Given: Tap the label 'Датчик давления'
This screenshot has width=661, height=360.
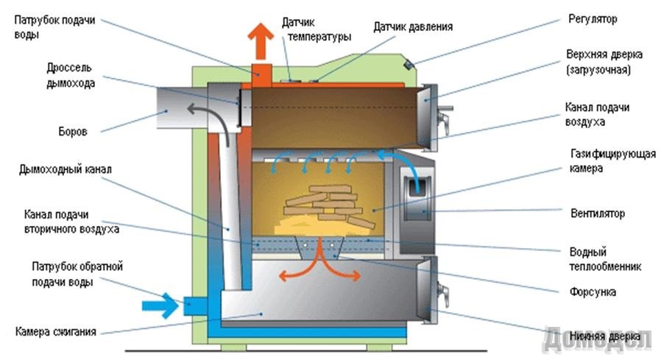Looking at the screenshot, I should (412, 27).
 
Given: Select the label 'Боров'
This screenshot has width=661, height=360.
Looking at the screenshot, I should (72, 133).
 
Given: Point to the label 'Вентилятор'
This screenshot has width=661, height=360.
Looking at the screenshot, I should (596, 213).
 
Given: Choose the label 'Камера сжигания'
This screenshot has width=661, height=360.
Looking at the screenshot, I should (56, 331).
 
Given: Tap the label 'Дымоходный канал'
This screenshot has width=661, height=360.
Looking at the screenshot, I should (66, 170).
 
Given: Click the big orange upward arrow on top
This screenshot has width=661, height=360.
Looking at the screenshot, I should (260, 43).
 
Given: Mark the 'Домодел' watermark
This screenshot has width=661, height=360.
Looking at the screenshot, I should (597, 338).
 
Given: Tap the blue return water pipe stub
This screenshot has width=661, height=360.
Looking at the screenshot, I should (196, 303).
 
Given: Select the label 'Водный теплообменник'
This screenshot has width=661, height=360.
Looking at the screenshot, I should (600, 258).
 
